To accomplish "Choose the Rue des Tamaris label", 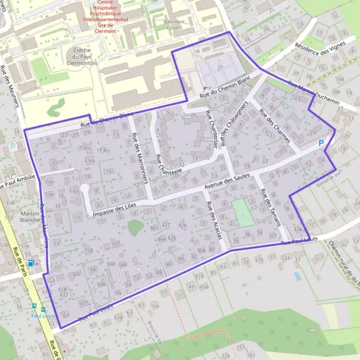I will click(x=272, y=206).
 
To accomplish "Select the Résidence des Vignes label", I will click(x=322, y=43).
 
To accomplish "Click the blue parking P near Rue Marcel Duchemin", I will click(x=321, y=144).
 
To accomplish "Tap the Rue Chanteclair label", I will click(x=211, y=128).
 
